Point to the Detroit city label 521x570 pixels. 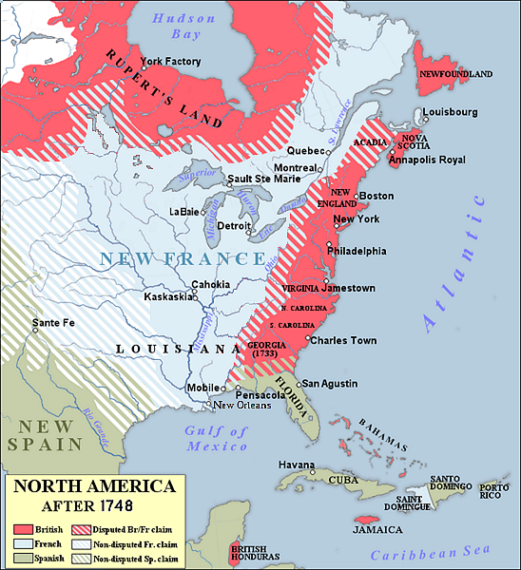234,225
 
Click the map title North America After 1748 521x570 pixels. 92,494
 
